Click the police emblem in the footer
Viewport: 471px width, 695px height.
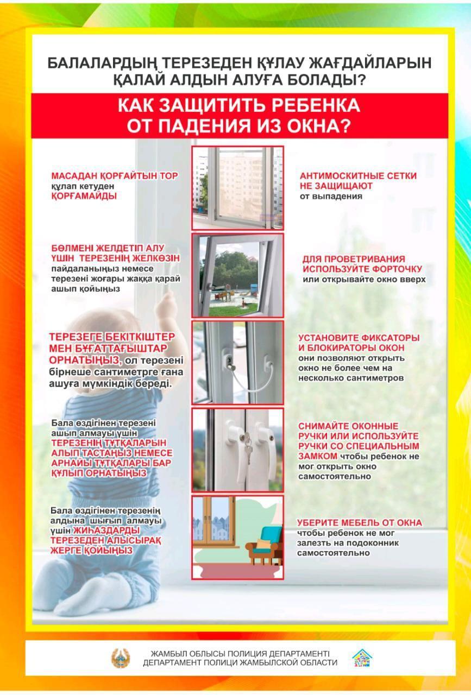(x=121, y=658)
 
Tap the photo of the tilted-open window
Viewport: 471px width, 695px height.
(x=237, y=275)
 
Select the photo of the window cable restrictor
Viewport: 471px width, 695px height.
(x=237, y=362)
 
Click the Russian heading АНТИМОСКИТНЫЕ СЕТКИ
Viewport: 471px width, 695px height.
(x=358, y=176)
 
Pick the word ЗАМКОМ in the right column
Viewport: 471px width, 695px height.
(x=318, y=456)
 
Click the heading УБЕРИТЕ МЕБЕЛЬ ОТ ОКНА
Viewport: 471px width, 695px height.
(x=359, y=522)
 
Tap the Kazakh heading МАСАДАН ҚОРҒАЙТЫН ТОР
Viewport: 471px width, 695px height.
(x=115, y=176)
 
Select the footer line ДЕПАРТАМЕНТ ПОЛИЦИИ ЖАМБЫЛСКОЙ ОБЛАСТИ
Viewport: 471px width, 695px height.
(x=240, y=662)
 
